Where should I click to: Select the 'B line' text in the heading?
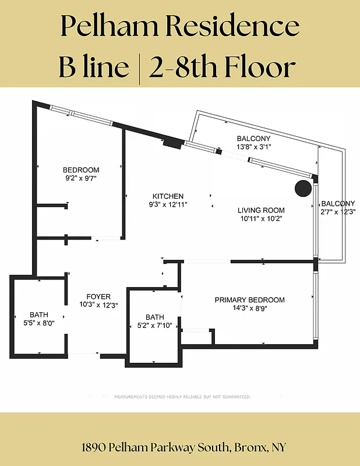(x=93, y=67)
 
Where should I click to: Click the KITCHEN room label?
(x=168, y=196)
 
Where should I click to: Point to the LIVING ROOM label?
(x=261, y=210)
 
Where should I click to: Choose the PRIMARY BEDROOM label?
(x=249, y=300)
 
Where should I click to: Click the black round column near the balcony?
(x=302, y=188)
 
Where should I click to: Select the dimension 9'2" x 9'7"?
(x=81, y=178)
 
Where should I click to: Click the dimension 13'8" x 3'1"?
(x=254, y=147)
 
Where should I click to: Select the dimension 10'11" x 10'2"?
(x=261, y=218)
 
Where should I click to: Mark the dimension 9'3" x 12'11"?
(x=168, y=204)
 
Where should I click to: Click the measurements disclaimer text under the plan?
(x=182, y=397)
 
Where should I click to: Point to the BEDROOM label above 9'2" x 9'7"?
(x=81, y=170)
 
